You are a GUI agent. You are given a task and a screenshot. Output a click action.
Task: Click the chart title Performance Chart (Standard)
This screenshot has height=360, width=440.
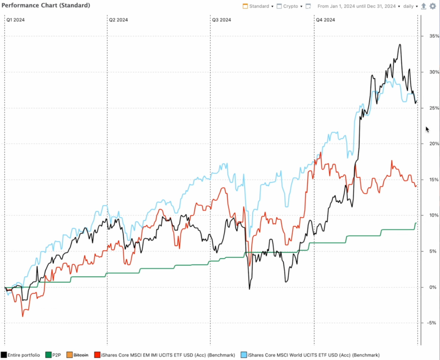[46, 6]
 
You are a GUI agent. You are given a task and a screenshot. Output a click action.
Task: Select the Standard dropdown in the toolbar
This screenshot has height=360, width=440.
[258, 6]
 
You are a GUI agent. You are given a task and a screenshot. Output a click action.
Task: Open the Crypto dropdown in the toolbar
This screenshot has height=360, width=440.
[289, 6]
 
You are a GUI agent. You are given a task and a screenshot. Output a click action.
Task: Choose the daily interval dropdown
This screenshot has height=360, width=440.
[410, 6]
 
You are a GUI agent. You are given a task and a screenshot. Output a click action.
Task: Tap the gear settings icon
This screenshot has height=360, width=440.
[433, 6]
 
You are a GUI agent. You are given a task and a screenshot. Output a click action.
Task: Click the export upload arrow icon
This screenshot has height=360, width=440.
[424, 6]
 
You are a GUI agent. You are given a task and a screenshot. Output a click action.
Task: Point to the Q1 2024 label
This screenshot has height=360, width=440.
[15, 20]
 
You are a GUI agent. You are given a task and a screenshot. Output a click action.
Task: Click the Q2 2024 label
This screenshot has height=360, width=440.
[119, 20]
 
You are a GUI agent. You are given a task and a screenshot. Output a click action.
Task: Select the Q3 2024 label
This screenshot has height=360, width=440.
[221, 20]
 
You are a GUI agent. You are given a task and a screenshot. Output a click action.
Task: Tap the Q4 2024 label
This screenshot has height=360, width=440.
[326, 20]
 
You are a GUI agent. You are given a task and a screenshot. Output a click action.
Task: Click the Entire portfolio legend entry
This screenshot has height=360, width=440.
[21, 355]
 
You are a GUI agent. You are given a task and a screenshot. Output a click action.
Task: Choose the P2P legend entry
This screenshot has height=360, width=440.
[53, 355]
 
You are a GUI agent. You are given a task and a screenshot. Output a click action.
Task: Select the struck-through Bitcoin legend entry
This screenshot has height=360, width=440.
[77, 355]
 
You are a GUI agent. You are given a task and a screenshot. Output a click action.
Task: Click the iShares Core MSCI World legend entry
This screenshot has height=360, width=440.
[310, 355]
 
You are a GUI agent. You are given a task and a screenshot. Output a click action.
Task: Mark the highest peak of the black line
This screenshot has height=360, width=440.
[400, 44]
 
